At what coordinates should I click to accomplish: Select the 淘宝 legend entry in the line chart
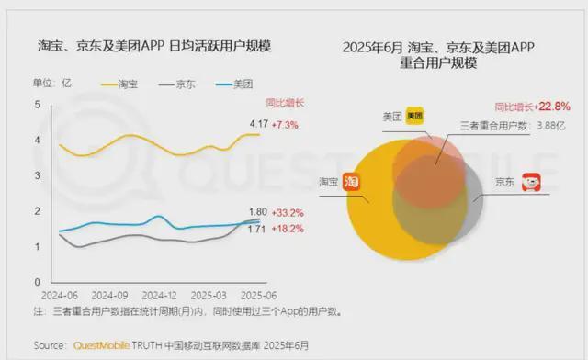point(128,84)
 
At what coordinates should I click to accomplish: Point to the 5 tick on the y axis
point(38,105)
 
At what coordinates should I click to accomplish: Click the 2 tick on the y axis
point(38,211)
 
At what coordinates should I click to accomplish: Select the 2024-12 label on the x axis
point(158,295)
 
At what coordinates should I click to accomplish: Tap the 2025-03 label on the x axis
point(208,295)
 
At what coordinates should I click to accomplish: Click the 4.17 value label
point(259,122)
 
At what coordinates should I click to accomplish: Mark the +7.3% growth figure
point(288,122)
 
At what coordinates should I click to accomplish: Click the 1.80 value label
point(259,210)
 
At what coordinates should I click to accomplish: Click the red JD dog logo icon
point(530,182)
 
